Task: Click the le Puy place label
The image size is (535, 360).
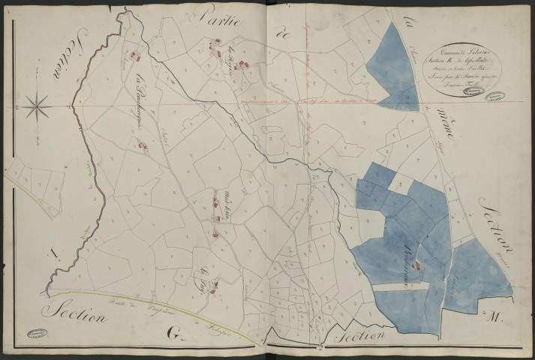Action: click(x=203, y=271)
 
